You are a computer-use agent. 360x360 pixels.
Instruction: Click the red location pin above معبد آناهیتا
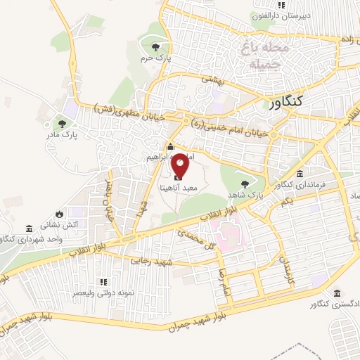point(180,165)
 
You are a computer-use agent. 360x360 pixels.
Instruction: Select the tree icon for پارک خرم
point(155,47)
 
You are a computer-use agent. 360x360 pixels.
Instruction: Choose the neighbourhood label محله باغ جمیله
point(266,57)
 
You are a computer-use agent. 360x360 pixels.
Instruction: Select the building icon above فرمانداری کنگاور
point(300,174)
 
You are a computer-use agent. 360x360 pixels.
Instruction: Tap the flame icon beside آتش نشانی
point(58,213)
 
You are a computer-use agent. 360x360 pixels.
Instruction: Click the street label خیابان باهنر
point(109,201)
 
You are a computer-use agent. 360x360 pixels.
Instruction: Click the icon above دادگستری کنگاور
point(339,292)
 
